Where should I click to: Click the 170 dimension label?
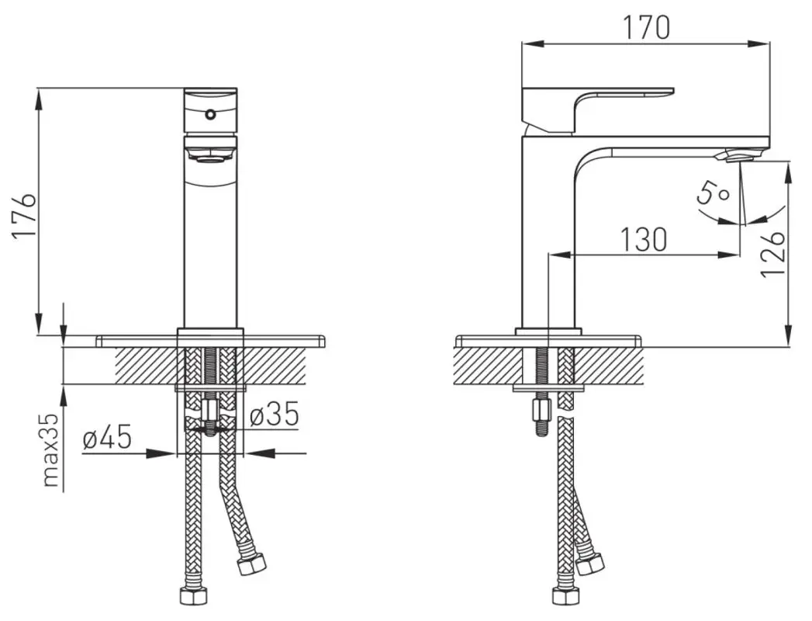[x=645, y=27]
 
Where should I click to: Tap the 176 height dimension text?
[x=24, y=216]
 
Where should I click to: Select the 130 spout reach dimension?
[x=644, y=240]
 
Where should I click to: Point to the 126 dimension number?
[x=774, y=254]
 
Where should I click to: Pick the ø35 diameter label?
[x=275, y=415]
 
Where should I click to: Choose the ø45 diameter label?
[x=107, y=438]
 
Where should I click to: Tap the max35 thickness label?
[x=50, y=450]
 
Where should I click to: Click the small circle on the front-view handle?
[x=210, y=114]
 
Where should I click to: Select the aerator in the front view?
[x=211, y=154]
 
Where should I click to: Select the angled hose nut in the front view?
[x=251, y=564]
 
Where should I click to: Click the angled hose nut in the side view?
[x=590, y=564]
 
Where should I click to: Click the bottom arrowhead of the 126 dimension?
[x=789, y=335]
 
